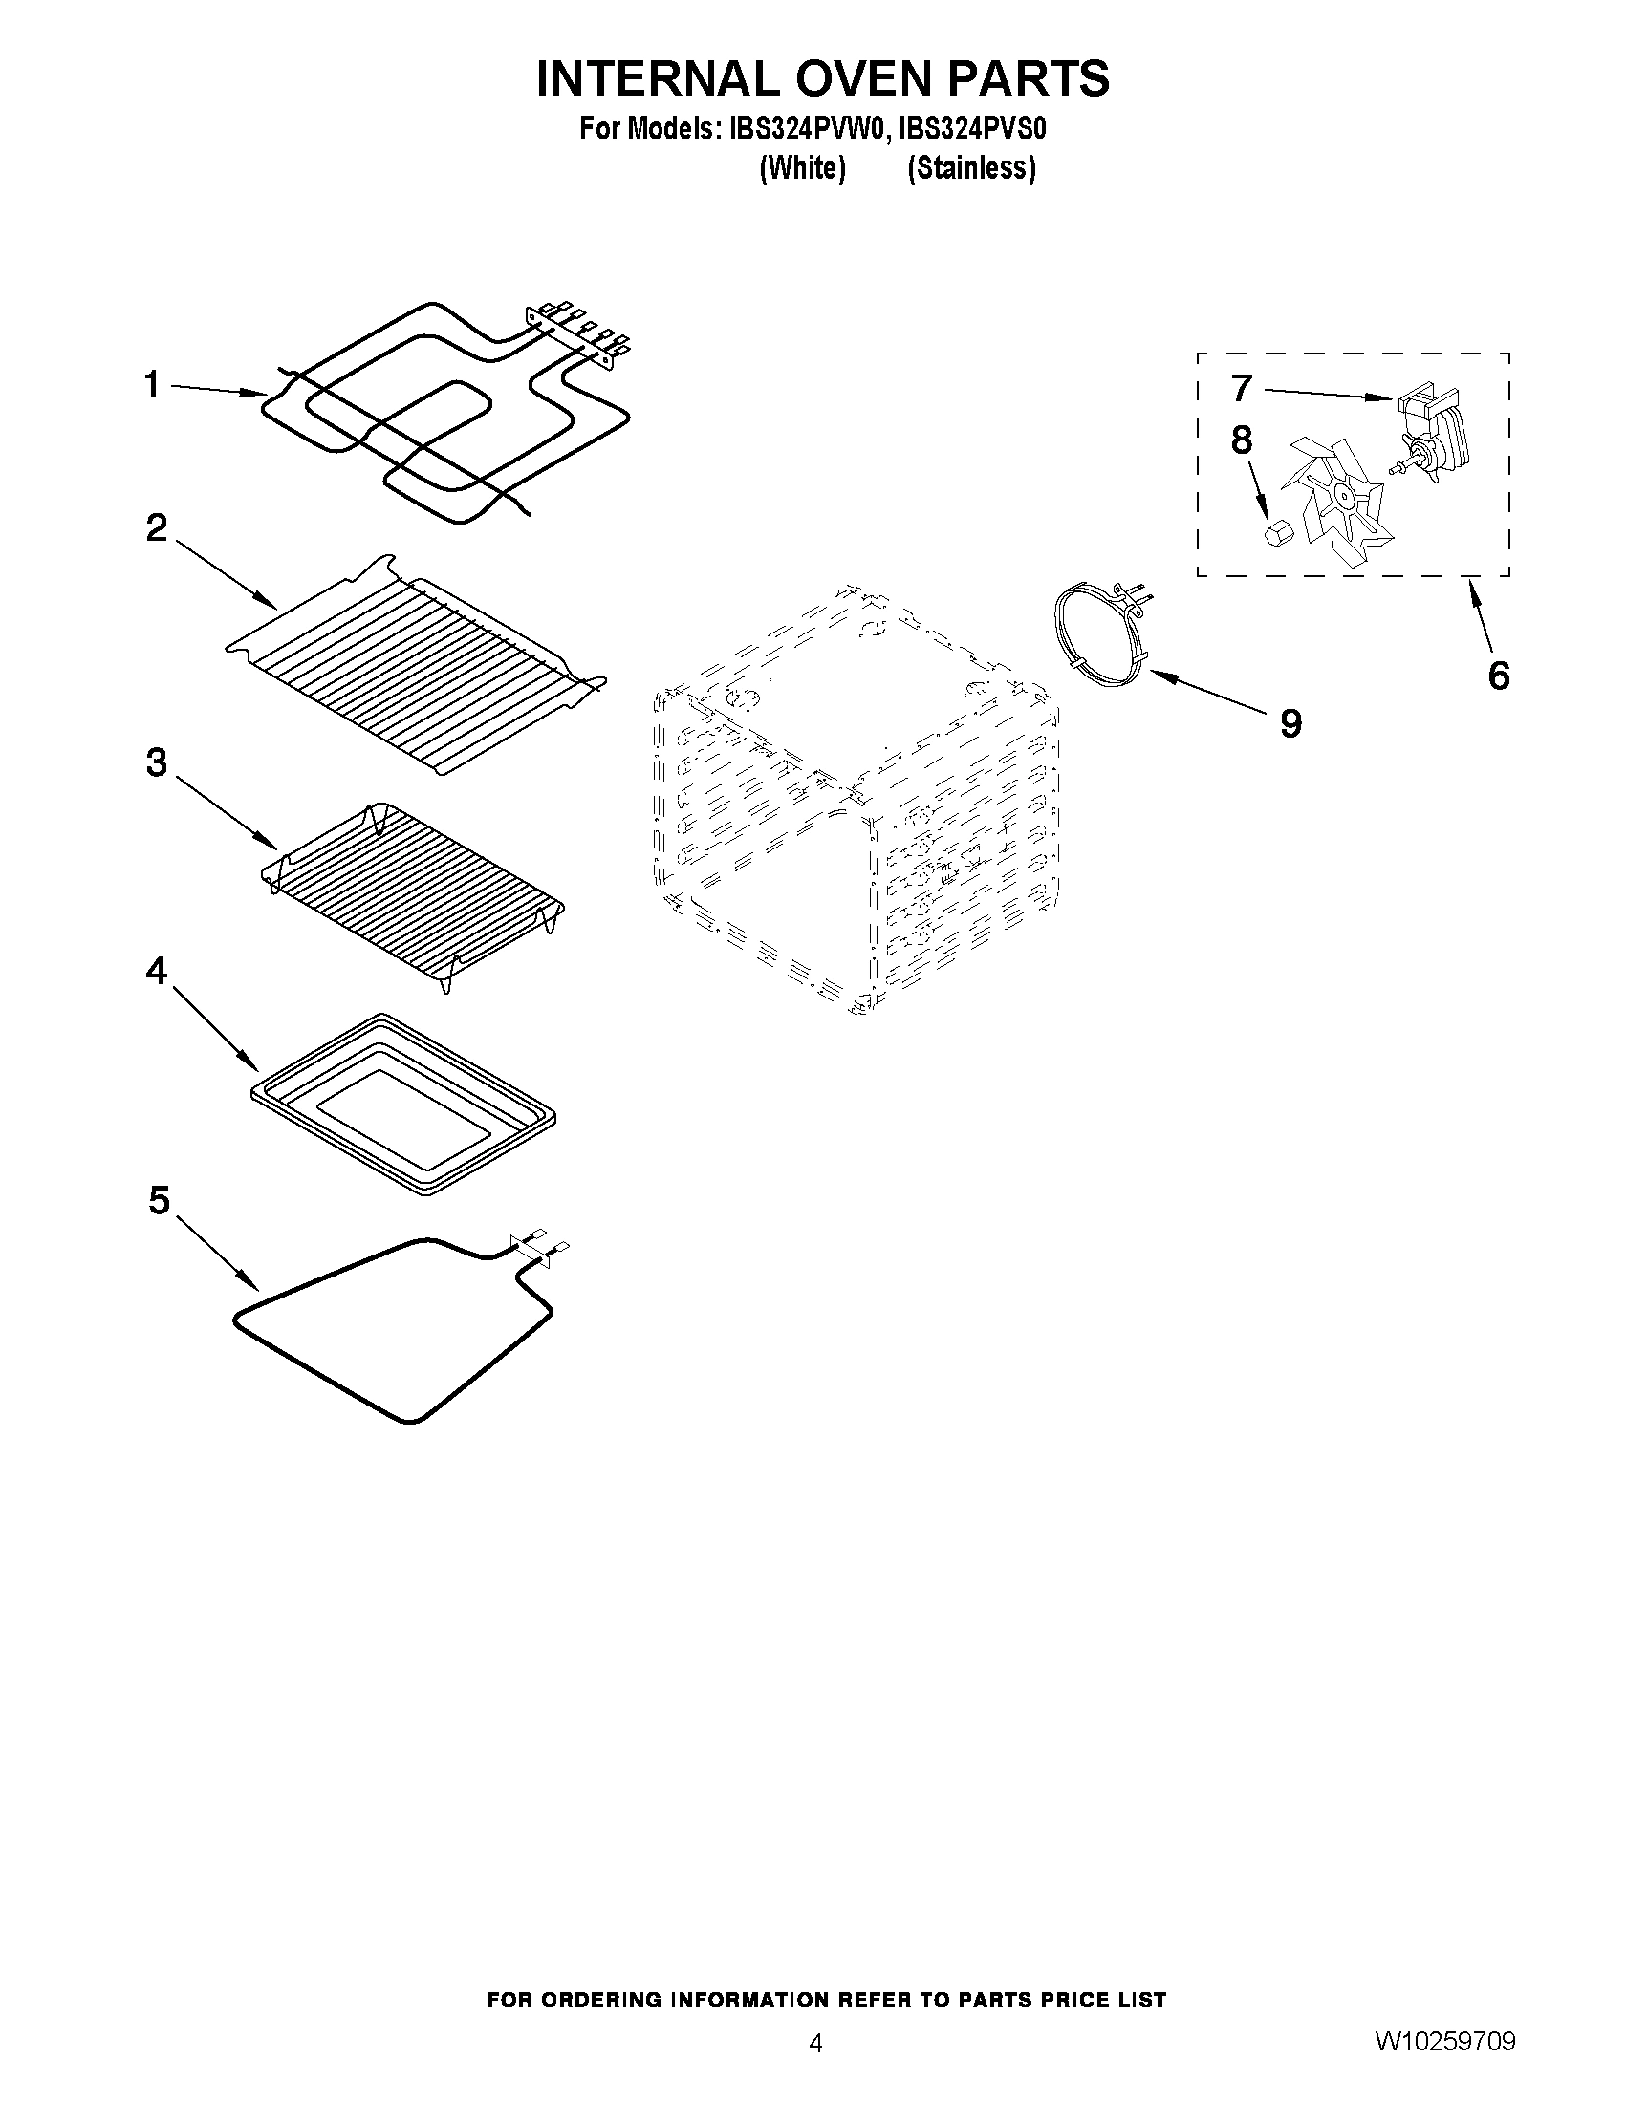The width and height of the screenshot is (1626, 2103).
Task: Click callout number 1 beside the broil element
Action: pos(151,386)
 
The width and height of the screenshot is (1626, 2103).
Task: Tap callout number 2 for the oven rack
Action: pos(156,527)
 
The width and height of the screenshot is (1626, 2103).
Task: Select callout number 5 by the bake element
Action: pos(159,1201)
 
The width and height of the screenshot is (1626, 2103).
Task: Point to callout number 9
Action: pos(1290,722)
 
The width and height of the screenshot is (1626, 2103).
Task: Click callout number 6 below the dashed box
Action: pos(1498,675)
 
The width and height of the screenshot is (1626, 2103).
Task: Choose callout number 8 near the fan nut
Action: pos(1242,440)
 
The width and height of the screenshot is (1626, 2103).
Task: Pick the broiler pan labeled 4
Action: pos(402,1104)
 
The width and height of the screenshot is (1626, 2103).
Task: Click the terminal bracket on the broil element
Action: pos(576,334)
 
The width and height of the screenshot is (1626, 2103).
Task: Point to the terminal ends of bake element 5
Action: pos(539,1242)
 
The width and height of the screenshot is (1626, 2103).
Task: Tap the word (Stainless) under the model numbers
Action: pos(971,168)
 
